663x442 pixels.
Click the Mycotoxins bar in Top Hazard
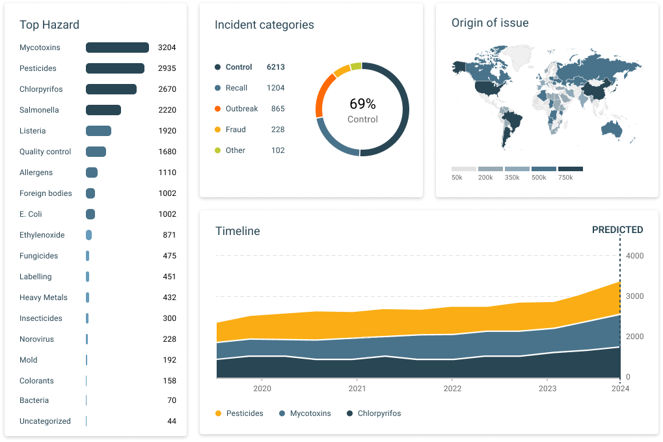point(117,48)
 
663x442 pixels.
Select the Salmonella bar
point(103,110)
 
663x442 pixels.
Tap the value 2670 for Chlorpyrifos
point(167,89)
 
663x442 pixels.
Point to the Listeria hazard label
point(33,131)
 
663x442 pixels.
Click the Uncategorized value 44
point(172,421)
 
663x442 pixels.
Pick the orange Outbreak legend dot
point(217,109)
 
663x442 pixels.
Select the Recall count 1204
point(276,88)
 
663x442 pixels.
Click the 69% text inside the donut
point(362,104)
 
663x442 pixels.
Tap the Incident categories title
point(264,25)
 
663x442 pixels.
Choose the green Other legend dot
point(217,150)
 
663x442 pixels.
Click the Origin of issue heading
point(490,23)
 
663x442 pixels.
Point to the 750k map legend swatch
point(571,169)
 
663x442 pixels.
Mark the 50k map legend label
point(457,178)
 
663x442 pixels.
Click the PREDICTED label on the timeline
point(617,230)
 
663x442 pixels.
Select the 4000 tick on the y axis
point(634,256)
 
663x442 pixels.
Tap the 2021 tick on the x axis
point(357,389)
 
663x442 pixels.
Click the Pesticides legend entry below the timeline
point(239,413)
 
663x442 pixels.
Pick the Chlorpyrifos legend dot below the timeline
point(349,413)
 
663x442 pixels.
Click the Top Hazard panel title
point(49,25)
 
